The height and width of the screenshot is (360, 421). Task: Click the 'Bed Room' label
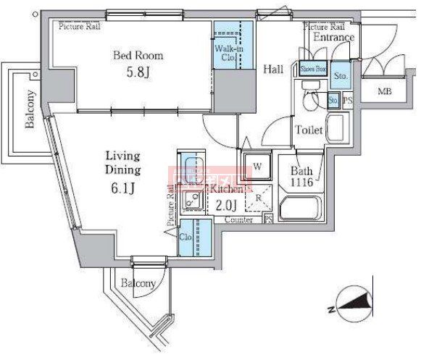[x=137, y=55]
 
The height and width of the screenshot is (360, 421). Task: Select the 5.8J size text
[x=137, y=72]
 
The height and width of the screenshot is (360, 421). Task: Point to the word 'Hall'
[x=272, y=69]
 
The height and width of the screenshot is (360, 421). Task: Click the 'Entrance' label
[x=333, y=38]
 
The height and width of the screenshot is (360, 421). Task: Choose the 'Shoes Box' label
[x=313, y=70]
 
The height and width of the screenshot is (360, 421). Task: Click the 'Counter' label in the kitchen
[x=238, y=219]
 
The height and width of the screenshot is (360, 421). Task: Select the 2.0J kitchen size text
[x=225, y=205]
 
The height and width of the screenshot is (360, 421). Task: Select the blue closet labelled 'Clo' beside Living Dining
[x=186, y=236]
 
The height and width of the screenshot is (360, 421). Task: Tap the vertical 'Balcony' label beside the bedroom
[x=30, y=109]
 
